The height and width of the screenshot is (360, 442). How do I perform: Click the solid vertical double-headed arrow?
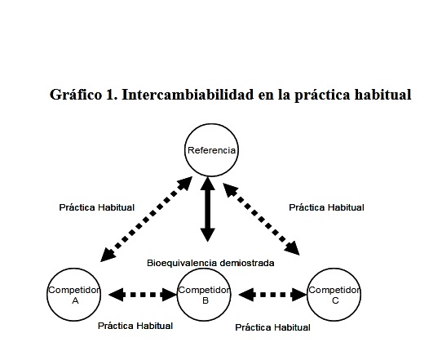[x=208, y=209]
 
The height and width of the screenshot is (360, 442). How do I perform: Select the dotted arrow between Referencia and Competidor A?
[x=147, y=220]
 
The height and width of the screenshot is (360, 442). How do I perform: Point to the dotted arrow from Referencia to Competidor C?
[x=261, y=220]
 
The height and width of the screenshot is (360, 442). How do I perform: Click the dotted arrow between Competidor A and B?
[x=143, y=295]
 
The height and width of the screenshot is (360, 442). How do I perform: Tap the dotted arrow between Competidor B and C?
[x=272, y=295]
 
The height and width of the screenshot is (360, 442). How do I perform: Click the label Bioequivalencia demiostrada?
[x=210, y=263]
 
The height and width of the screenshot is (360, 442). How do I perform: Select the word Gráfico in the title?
[x=76, y=95]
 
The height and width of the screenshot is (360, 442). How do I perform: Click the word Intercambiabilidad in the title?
[x=188, y=94]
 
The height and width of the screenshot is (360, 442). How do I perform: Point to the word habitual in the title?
[x=382, y=94]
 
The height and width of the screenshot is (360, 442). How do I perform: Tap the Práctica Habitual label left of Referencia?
[x=97, y=207]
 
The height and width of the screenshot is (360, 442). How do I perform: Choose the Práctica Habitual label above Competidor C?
[x=326, y=207]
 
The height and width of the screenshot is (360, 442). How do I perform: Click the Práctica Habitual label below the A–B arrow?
[x=135, y=326]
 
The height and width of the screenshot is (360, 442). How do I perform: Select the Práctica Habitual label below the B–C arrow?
[x=272, y=327]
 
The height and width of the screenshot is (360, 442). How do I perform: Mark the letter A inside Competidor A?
[x=75, y=300]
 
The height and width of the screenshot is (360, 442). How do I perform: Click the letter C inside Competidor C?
[x=335, y=300]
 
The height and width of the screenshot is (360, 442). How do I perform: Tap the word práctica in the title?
[x=322, y=95]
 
